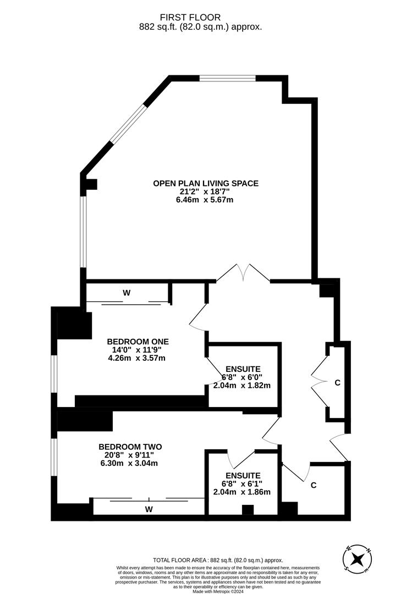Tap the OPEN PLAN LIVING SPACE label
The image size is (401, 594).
tap(205, 183)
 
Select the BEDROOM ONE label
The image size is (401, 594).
tap(138, 342)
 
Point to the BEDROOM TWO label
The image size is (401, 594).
tap(130, 447)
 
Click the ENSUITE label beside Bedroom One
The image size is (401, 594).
tap(243, 369)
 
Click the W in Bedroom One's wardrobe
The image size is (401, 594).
tap(127, 293)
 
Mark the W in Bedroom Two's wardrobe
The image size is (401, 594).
tap(149, 509)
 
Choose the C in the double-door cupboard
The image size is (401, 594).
tap(337, 382)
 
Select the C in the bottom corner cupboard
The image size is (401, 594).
tap(313, 485)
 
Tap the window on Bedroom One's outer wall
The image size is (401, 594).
tap(54, 374)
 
